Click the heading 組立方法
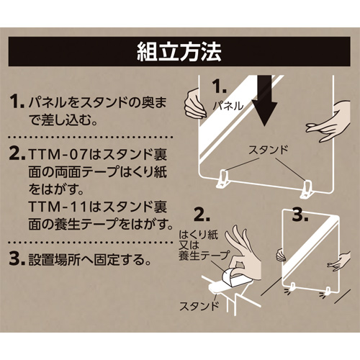[179, 52]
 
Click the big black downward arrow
[264, 101]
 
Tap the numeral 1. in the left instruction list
[17, 102]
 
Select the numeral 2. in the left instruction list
[17, 154]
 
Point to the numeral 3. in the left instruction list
[17, 259]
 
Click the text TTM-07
[57, 154]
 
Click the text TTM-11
[57, 207]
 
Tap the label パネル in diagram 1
[228, 106]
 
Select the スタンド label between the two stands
[268, 150]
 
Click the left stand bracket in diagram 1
[222, 179]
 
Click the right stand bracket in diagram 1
[307, 189]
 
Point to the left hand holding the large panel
[194, 103]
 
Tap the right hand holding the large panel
[328, 122]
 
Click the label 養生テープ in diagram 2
[204, 256]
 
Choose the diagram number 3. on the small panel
[300, 215]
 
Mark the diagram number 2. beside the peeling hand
[202, 215]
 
